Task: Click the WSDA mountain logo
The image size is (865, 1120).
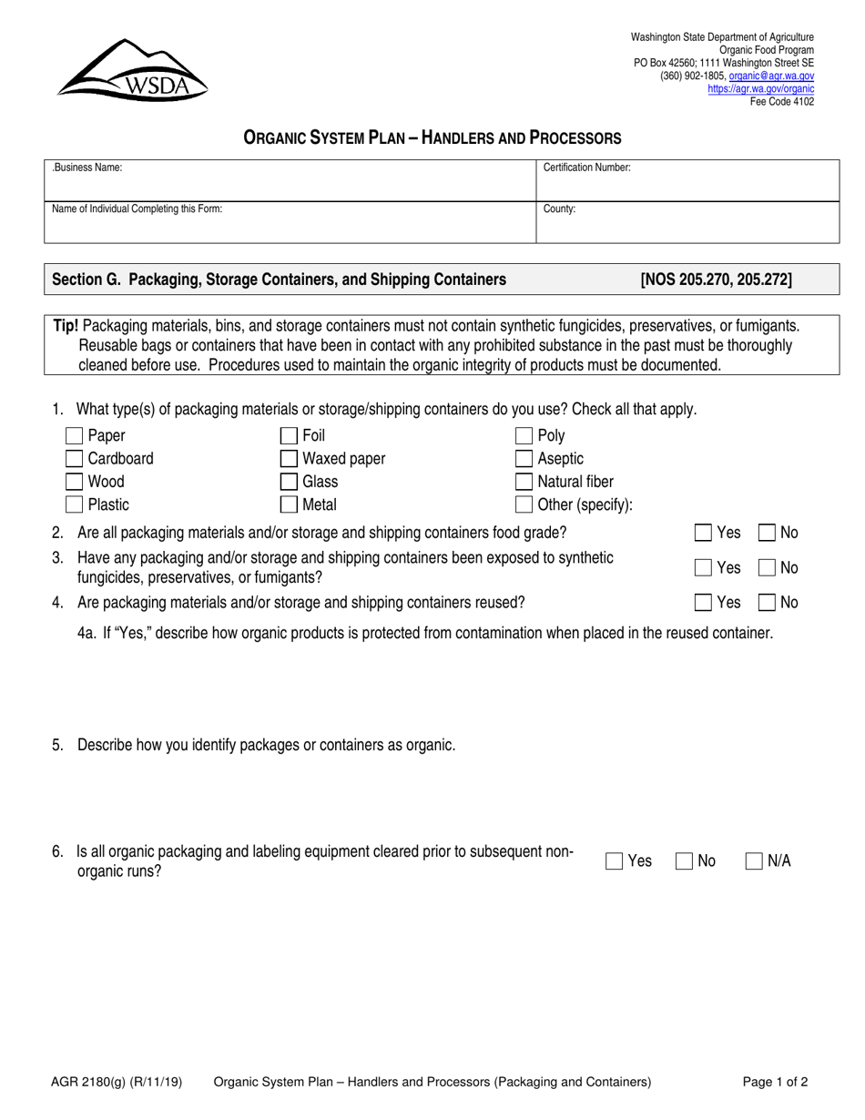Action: click(x=133, y=70)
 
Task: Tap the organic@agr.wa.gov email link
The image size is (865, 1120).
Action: click(x=771, y=77)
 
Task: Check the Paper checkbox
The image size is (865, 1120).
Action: click(x=75, y=436)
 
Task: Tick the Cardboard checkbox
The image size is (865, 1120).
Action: click(x=75, y=459)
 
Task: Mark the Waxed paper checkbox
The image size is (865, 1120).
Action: click(x=289, y=459)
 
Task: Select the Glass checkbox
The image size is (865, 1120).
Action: click(x=289, y=482)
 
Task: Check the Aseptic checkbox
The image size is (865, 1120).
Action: click(x=524, y=459)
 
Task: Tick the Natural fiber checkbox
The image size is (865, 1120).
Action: click(x=524, y=482)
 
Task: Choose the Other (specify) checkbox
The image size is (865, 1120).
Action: click(x=524, y=504)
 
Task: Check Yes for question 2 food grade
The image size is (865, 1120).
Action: click(x=703, y=533)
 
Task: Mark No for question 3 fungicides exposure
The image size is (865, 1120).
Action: click(x=767, y=567)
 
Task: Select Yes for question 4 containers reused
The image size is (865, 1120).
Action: click(x=703, y=602)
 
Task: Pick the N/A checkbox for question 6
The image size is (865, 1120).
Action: click(x=754, y=861)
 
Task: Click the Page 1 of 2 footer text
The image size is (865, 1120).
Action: click(x=775, y=1083)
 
